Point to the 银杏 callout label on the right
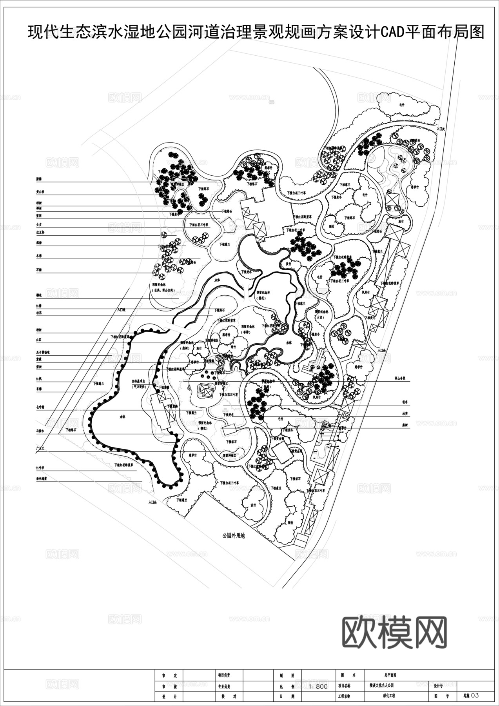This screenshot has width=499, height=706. tap(405, 402)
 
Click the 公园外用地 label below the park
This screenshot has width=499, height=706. tap(233, 535)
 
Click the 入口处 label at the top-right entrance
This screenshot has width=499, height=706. tap(441, 128)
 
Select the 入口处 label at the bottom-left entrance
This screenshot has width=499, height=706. tap(152, 502)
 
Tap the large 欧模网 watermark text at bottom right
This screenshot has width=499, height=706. tap(395, 632)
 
